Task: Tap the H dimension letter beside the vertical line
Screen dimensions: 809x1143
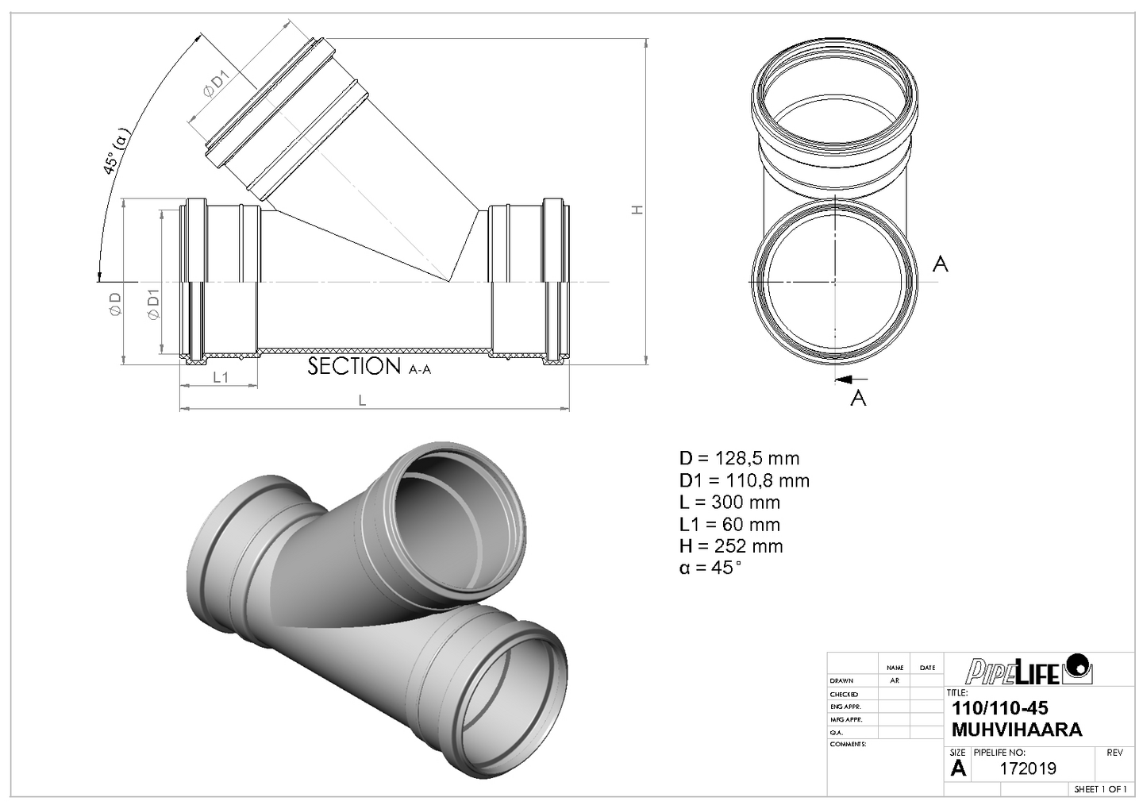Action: point(637,210)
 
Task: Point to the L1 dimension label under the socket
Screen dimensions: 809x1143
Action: point(221,377)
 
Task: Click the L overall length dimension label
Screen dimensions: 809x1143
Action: point(362,401)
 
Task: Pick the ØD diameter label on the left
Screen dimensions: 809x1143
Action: point(116,304)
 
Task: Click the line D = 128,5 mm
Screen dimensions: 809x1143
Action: point(739,458)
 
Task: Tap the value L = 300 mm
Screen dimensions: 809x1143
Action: point(729,503)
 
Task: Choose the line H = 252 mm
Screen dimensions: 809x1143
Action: point(730,546)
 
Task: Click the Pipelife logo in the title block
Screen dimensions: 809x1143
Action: point(1029,670)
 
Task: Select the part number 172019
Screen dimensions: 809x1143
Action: point(1028,769)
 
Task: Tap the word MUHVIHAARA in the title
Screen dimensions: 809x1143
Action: point(1016,730)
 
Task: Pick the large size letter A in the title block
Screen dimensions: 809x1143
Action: point(959,768)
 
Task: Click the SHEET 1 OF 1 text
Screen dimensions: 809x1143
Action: point(1100,789)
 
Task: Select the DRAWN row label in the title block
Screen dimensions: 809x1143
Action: point(841,681)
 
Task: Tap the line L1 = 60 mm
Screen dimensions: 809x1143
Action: point(729,525)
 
